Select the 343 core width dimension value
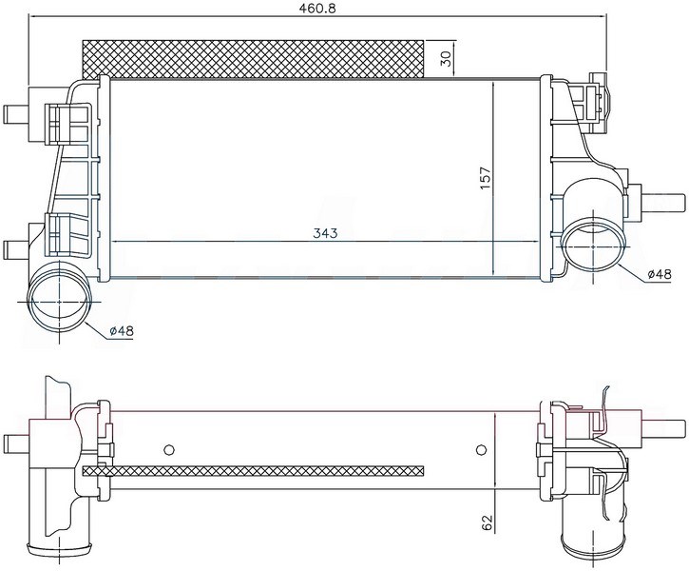coord(325,233)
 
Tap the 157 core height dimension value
coord(485,178)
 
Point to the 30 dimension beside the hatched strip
coord(446,58)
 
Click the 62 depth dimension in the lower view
coord(488,522)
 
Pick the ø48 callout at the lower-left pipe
coord(122,330)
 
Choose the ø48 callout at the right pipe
coord(660,274)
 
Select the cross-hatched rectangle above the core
coord(253,58)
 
